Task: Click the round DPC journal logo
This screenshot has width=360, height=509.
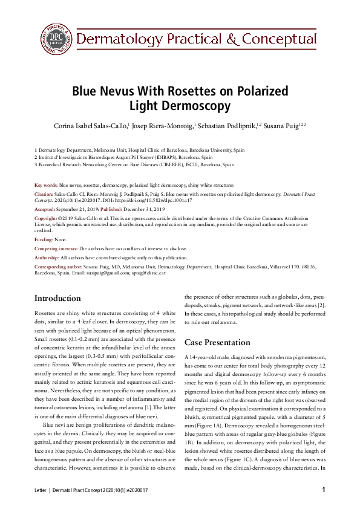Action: click(55, 39)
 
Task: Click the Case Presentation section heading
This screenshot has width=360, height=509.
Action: click(217, 342)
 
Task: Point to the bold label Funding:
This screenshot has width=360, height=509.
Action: click(44, 240)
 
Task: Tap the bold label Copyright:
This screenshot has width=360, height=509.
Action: click(47, 217)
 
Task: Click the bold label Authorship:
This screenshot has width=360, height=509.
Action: click(47, 258)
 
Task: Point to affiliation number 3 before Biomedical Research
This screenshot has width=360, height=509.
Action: click(36, 164)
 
